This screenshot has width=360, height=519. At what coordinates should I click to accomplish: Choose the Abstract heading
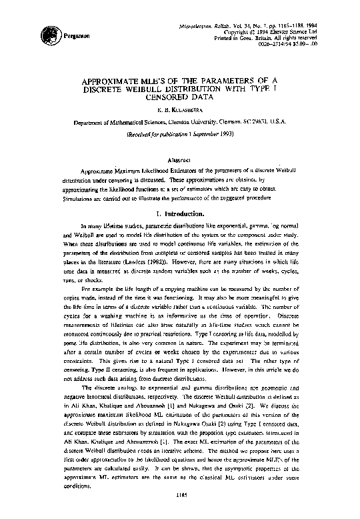pyautogui.click(x=181, y=160)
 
